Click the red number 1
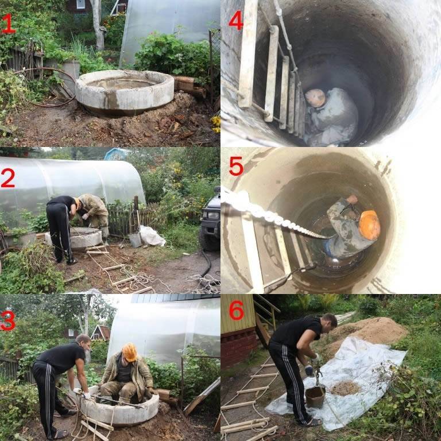(x=8, y=24)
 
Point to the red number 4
(x=235, y=20)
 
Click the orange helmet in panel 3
(x=130, y=352)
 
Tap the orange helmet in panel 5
(x=369, y=225)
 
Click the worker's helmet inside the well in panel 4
(x=315, y=98)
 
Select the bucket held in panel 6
(x=315, y=397)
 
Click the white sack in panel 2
(x=152, y=235)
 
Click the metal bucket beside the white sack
(x=136, y=239)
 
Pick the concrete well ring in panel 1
(x=125, y=92)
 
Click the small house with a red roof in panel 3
(x=100, y=332)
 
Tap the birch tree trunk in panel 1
(x=97, y=25)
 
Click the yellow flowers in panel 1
(x=216, y=124)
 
